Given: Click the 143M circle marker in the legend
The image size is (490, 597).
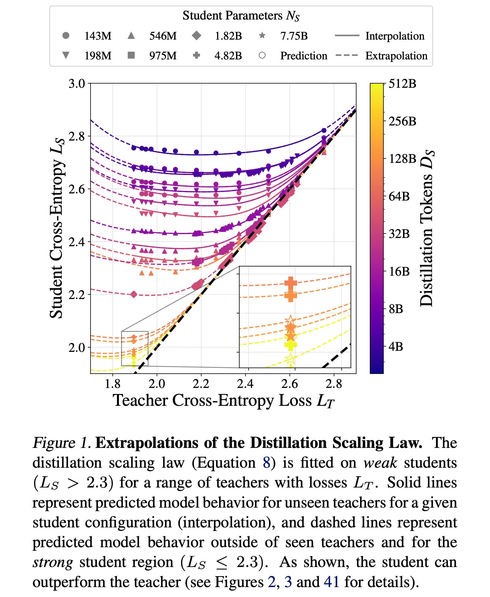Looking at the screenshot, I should tap(66, 35).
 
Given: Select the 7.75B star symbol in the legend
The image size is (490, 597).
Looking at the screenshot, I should tap(262, 35).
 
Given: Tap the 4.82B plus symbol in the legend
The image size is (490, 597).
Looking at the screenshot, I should tap(197, 55).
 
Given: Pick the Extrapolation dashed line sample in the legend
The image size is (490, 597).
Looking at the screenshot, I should tap(347, 55).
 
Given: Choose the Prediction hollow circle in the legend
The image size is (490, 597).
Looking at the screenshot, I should tap(262, 55).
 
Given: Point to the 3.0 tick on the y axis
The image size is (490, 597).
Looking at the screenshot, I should tap(77, 84).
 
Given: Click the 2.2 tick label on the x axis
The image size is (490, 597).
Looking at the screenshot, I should tap(201, 384).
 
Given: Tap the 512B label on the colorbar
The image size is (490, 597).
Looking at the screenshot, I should tap(402, 84).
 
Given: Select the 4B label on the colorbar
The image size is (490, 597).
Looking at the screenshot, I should tap(396, 347).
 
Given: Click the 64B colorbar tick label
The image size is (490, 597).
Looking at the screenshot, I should tap(399, 196).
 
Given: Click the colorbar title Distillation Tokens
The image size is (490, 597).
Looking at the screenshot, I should tap(426, 229).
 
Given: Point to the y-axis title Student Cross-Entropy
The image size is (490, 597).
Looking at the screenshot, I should tap(56, 229).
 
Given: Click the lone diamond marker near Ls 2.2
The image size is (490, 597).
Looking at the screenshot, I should tap(134, 294).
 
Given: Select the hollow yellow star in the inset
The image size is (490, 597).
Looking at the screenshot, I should tap(290, 359).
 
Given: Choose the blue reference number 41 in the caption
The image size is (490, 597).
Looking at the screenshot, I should tap(332, 582).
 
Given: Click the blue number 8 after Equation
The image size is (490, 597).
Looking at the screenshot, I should tap(266, 463).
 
